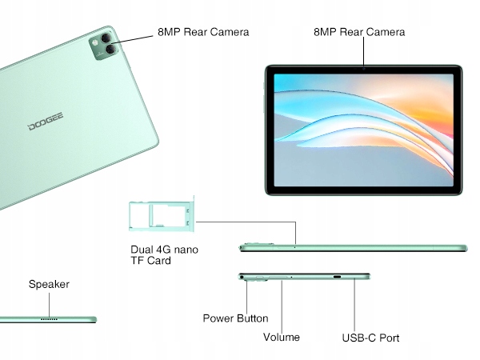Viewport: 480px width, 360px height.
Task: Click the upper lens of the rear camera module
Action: pyautogui.click(x=103, y=39)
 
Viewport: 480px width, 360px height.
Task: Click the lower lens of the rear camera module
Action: pyautogui.click(x=103, y=53)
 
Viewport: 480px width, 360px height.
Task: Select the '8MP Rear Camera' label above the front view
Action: pyautogui.click(x=359, y=33)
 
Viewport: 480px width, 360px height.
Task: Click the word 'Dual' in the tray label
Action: pyautogui.click(x=142, y=250)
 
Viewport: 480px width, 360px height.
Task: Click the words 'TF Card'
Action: pyautogui.click(x=150, y=261)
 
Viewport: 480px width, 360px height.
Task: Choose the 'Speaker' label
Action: pyautogui.click(x=49, y=284)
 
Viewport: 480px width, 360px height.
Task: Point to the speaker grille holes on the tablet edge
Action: pyautogui.click(x=50, y=318)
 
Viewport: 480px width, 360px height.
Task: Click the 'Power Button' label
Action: pyautogui.click(x=235, y=318)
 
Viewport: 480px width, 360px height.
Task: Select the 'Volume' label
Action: pyautogui.click(x=282, y=337)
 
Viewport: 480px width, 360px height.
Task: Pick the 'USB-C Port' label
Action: pyautogui.click(x=370, y=338)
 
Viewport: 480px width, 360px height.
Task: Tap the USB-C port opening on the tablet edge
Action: pyautogui.click(x=337, y=278)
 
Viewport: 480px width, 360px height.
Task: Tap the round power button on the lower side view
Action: pyautogui.click(x=242, y=278)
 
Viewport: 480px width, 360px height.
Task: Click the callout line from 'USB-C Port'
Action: pyautogui.click(x=355, y=304)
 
